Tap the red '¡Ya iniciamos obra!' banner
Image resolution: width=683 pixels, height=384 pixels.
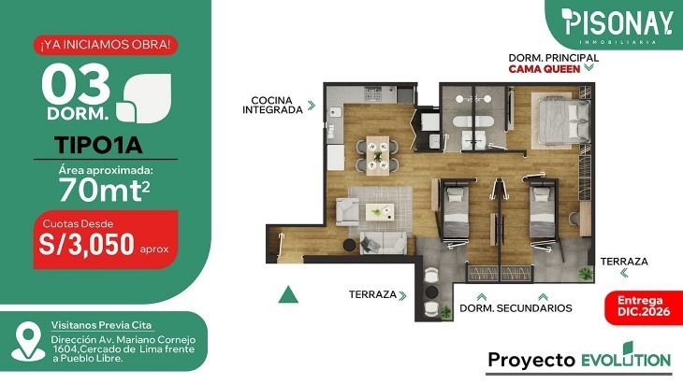[x=106, y=45]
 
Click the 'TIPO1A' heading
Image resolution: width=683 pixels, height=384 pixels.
[x=99, y=145]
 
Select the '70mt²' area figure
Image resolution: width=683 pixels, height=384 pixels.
[x=105, y=190]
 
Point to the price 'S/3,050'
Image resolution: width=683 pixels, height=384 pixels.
[x=86, y=245]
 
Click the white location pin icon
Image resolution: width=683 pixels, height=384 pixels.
[x=28, y=341]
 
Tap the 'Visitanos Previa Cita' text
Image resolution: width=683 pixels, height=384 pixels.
[x=101, y=325]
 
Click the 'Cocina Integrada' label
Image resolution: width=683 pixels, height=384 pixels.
[x=272, y=106]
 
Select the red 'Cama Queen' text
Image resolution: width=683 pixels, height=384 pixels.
[x=545, y=69]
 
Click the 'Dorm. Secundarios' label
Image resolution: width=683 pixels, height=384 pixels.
[x=516, y=308]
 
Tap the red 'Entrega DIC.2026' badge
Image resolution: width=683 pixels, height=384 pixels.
[x=644, y=306]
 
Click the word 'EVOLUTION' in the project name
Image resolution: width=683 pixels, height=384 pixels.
[x=626, y=359]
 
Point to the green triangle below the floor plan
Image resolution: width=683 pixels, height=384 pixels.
[x=288, y=294]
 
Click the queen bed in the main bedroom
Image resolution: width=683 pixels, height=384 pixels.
[x=564, y=121]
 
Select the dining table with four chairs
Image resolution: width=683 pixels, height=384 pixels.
[x=377, y=155]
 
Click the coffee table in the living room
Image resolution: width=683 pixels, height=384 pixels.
[x=380, y=212]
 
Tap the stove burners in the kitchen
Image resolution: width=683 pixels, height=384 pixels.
[x=373, y=93]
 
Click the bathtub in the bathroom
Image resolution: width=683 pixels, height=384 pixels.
[x=472, y=121]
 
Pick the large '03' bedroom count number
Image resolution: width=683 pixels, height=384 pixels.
[x=76, y=84]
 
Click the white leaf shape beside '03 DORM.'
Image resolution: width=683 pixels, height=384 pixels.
[x=144, y=98]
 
